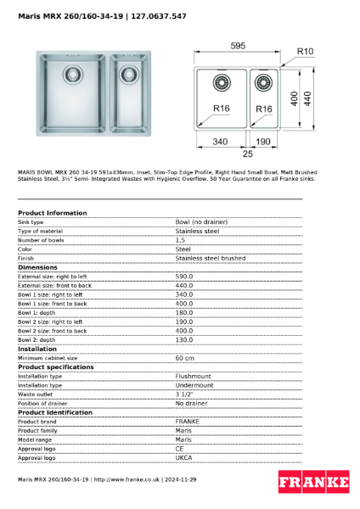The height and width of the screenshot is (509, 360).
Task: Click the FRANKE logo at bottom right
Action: tap(313, 483)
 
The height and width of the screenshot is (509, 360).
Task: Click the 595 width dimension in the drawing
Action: tap(238, 46)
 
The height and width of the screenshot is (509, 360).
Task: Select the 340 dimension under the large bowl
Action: tap(219, 142)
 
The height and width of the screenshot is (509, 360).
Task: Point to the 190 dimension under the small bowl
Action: tap(262, 142)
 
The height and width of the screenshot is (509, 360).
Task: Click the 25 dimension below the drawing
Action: tap(248, 155)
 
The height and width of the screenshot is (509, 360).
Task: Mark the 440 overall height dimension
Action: tap(308, 98)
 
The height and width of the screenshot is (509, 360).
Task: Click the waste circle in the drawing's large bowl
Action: tap(223, 82)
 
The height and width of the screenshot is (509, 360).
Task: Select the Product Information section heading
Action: tap(52, 213)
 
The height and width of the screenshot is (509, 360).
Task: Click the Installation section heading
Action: tap(37, 349)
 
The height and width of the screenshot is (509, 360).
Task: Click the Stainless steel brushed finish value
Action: tap(210, 258)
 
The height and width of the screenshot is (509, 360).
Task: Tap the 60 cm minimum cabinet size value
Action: tap(186, 358)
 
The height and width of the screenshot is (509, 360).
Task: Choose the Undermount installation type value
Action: tap(194, 385)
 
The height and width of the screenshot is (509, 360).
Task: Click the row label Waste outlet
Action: tap(37, 394)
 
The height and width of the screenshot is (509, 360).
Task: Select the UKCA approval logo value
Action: tap(184, 457)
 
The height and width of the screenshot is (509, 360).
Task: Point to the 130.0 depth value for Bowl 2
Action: tap(184, 339)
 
